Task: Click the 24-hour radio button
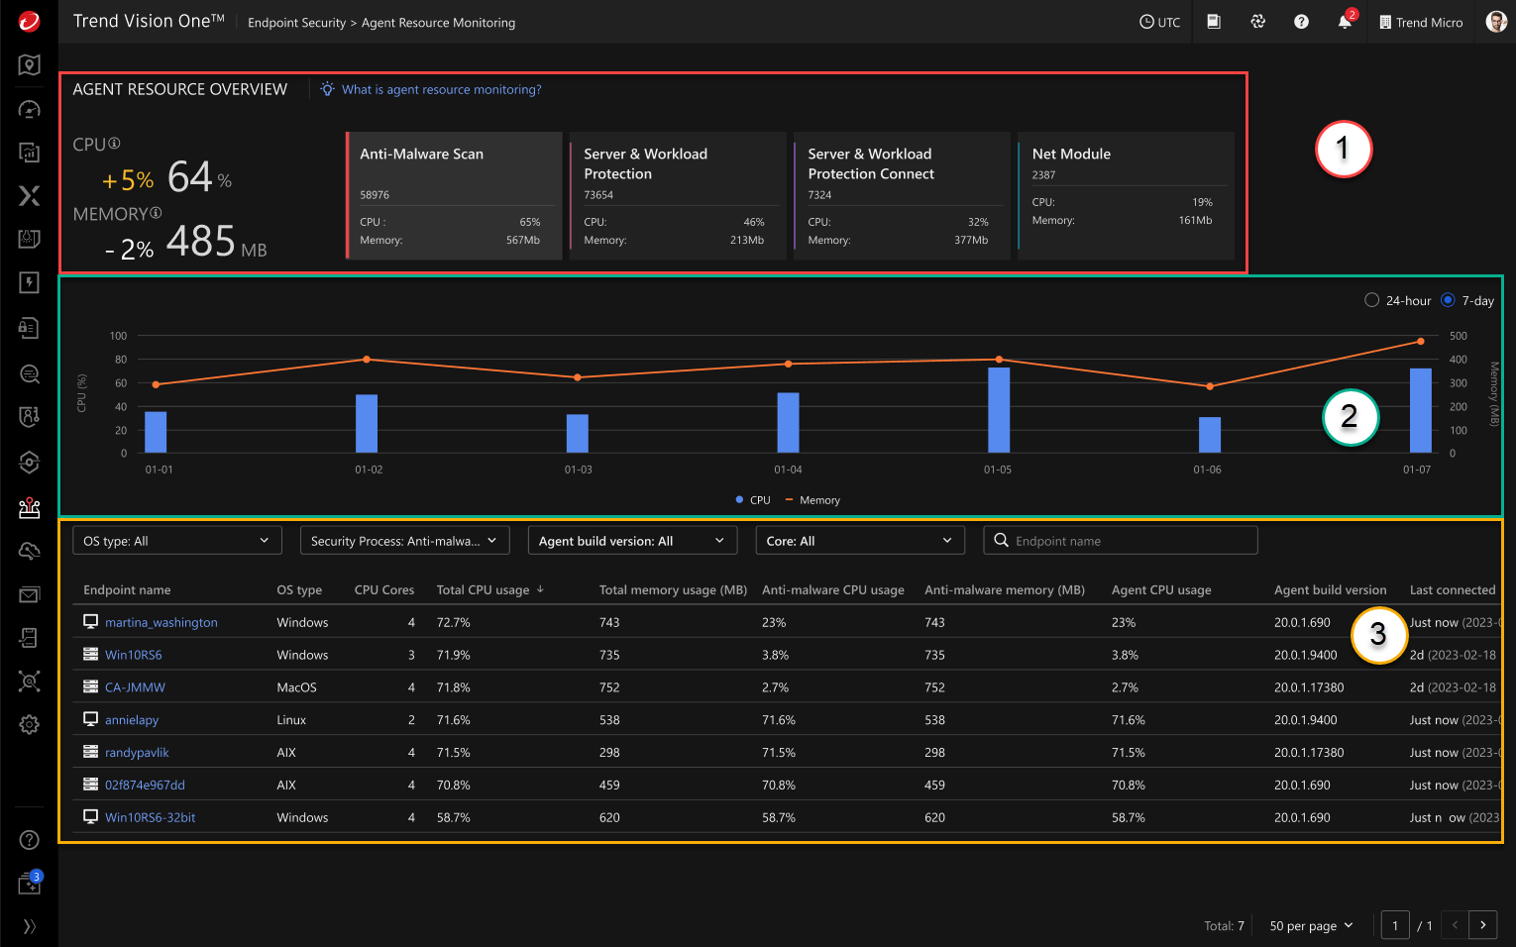[1371, 300]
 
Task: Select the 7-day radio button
[1448, 300]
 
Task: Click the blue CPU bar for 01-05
[999, 409]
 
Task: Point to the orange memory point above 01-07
[1420, 341]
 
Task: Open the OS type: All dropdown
[176, 541]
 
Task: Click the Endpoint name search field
[1130, 541]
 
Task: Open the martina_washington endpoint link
[161, 622]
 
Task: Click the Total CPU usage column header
[483, 589]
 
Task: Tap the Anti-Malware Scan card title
[421, 154]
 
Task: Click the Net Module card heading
[1070, 154]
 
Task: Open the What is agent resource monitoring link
[441, 89]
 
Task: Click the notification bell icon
[1345, 22]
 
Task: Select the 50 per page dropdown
[1311, 925]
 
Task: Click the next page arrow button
[1482, 925]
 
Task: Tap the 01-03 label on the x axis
[578, 470]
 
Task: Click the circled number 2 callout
[1350, 417]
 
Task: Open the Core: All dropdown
[858, 541]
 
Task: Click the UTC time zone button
[1159, 22]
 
